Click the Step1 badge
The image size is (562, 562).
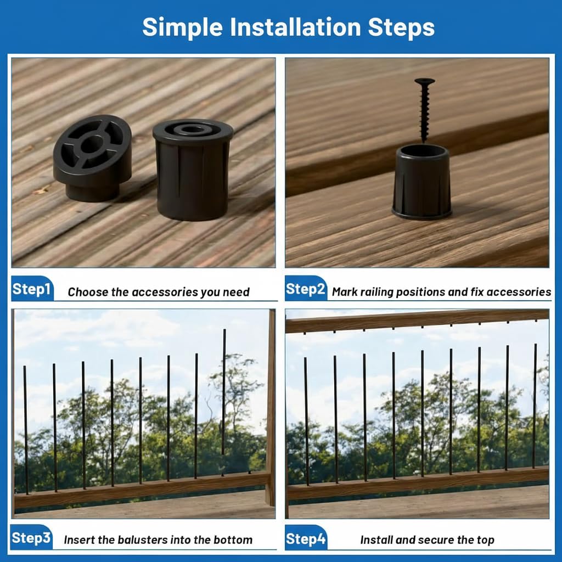(32, 288)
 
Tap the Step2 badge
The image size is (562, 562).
(306, 288)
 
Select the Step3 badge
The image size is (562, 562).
(31, 537)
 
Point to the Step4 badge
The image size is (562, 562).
(306, 538)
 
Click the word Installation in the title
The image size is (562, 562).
(295, 27)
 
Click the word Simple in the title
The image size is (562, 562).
(182, 27)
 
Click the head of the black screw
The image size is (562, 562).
(425, 81)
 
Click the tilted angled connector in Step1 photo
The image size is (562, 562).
(92, 158)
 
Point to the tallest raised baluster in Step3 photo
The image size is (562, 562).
(224, 401)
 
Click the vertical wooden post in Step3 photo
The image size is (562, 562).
(271, 408)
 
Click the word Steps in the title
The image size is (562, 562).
(401, 27)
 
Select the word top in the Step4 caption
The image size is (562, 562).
(485, 541)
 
